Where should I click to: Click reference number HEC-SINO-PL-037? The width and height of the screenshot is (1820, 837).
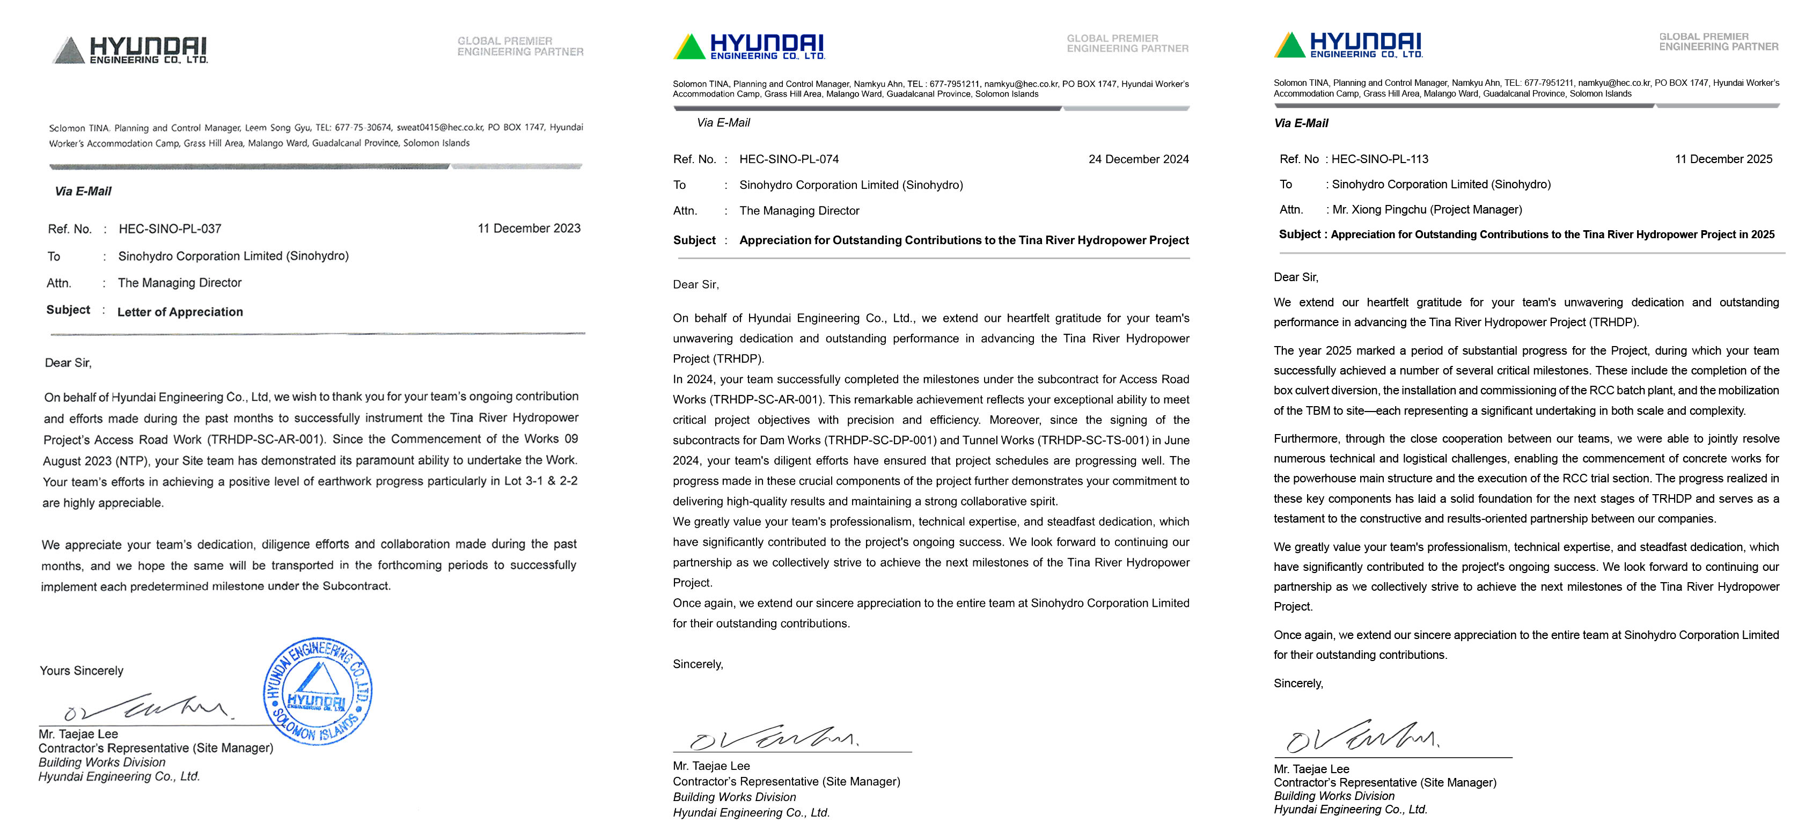170,229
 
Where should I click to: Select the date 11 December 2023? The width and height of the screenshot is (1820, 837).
529,228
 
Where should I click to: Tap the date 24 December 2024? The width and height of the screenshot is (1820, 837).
1138,159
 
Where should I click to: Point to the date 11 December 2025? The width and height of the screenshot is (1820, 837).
1723,159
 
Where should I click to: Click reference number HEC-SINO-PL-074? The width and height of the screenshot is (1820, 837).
789,159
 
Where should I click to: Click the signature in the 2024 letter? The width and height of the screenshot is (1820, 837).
773,737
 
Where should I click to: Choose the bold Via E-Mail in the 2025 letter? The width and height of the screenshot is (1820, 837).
1301,123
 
